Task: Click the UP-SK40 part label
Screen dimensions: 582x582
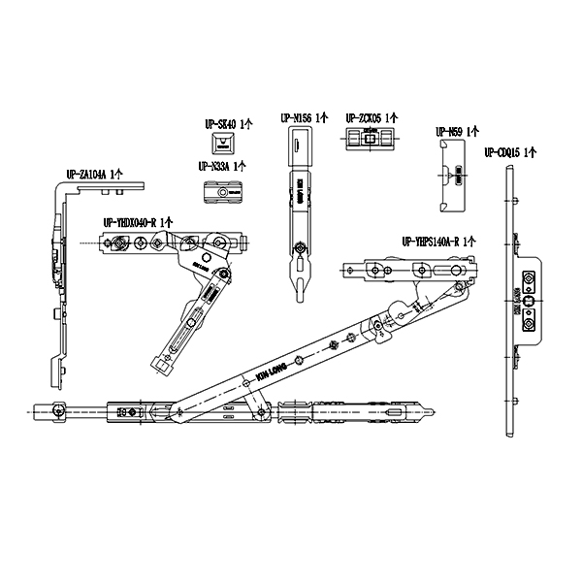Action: [227, 124]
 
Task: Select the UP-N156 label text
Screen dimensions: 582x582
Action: [304, 118]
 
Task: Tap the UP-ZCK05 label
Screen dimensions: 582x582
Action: [372, 118]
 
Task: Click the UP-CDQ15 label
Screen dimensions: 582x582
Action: [510, 151]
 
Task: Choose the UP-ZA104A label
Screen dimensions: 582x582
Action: [94, 175]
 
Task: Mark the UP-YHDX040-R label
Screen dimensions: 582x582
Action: [137, 222]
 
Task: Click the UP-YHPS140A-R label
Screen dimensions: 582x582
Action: [431, 241]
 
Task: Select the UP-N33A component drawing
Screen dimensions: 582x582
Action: [223, 192]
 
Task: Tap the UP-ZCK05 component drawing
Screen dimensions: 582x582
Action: [369, 140]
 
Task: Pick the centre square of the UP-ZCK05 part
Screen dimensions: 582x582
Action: [369, 140]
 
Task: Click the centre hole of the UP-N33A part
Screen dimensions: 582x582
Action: [224, 193]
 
